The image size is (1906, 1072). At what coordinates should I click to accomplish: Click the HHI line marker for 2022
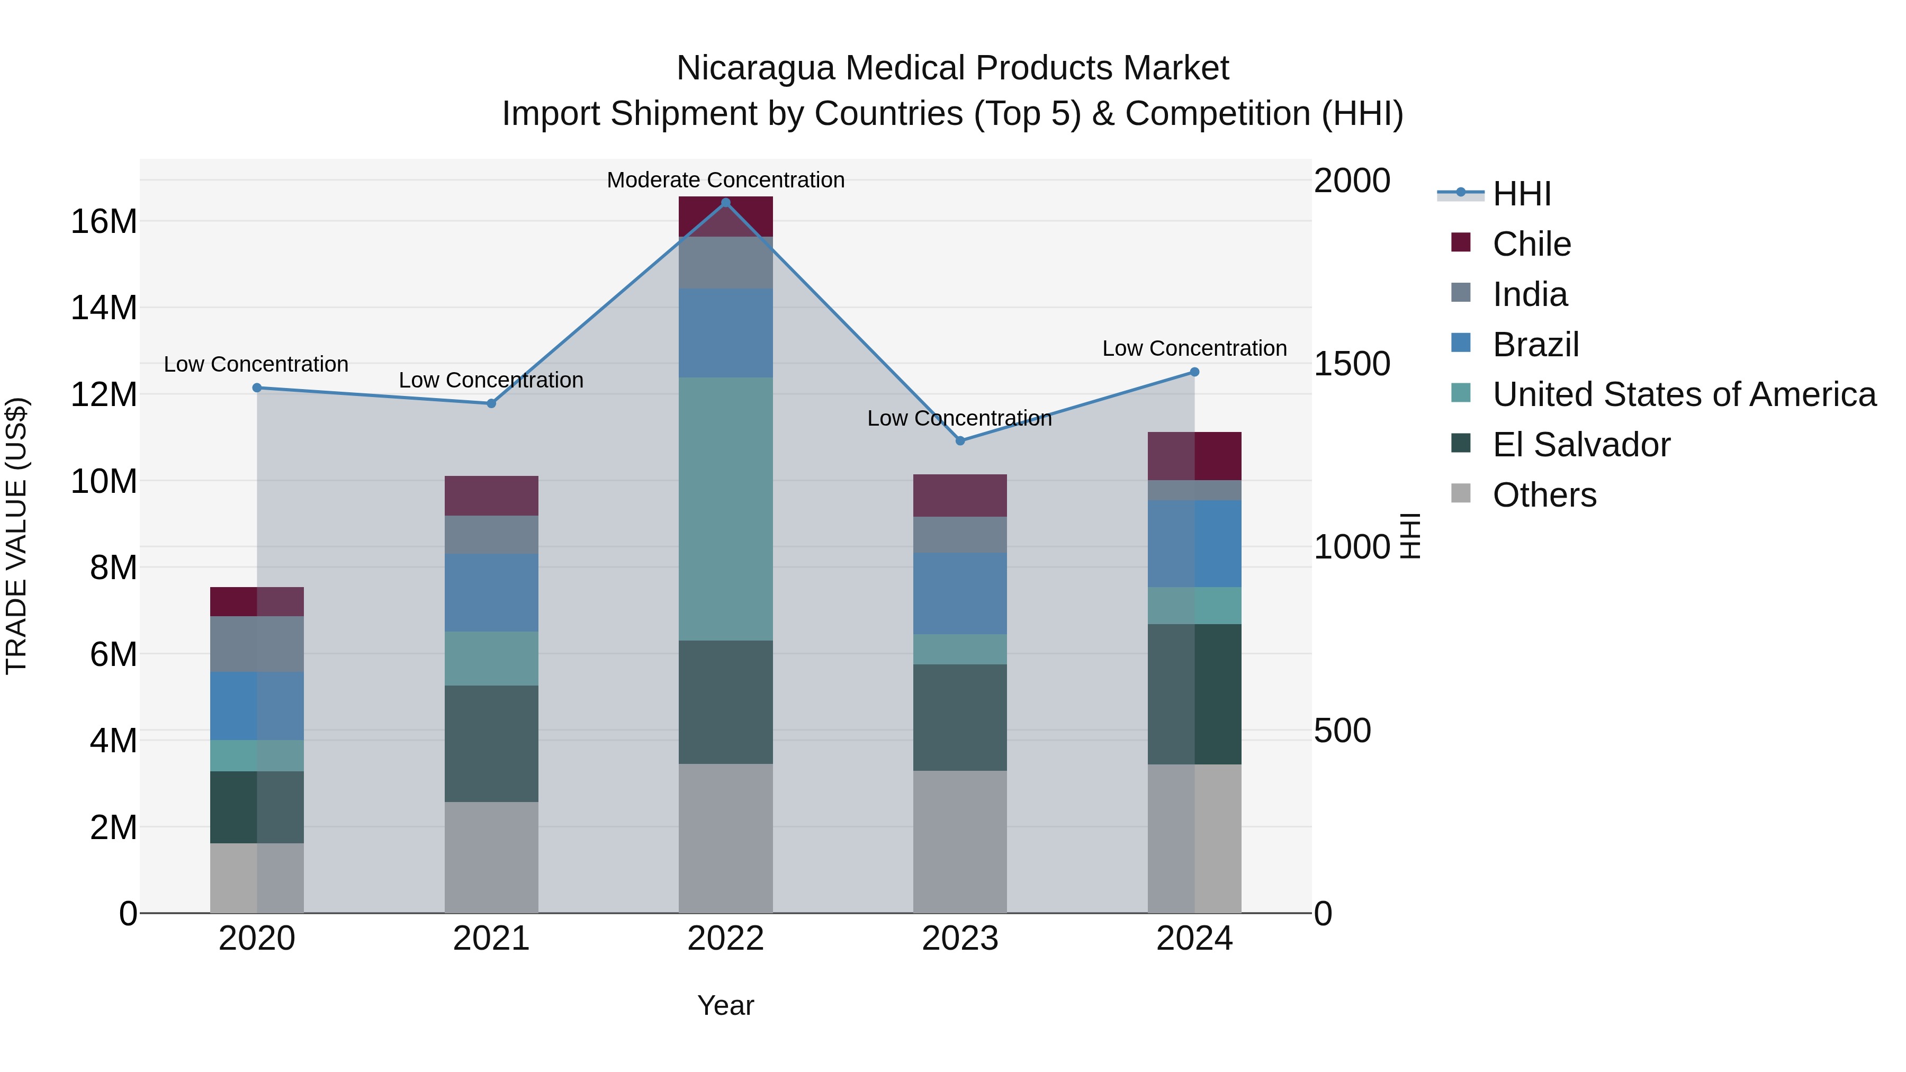coord(725,202)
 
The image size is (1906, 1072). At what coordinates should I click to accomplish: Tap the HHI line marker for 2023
coord(960,440)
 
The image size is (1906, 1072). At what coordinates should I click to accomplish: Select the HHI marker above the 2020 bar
coord(257,388)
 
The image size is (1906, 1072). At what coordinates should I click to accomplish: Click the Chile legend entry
coord(1531,244)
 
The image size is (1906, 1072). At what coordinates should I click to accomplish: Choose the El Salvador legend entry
coord(1580,445)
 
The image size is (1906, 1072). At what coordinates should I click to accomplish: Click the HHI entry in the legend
coord(1521,194)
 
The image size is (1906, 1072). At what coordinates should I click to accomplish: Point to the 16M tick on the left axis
coord(104,221)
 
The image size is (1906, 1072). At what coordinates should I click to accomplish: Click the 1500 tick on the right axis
coord(1352,364)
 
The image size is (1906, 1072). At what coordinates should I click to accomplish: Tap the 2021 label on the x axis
coord(491,939)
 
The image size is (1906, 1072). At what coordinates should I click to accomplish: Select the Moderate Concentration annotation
coord(725,180)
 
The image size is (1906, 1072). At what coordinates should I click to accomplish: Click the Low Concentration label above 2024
coord(1194,348)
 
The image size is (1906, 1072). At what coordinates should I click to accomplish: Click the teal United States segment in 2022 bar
coord(725,508)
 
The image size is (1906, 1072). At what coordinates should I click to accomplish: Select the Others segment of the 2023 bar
coord(960,841)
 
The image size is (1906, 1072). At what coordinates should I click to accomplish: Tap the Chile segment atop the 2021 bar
coord(491,495)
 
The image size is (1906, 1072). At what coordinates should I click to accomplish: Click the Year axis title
coord(725,1005)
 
